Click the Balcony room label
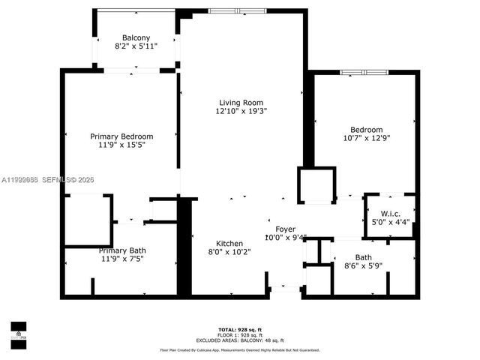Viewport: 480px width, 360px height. pos(136,38)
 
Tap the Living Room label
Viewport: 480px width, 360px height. pos(241,103)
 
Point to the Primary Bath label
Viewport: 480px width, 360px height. pos(121,250)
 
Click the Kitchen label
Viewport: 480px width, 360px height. pos(229,244)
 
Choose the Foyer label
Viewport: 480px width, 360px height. pos(286,229)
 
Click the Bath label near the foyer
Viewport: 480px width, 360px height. pos(364,258)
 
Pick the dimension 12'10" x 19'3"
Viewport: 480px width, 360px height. pos(241,111)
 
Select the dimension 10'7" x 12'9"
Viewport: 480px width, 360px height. pos(367,138)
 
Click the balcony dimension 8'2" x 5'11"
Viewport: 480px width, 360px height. pos(136,46)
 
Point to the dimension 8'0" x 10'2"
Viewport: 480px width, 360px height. pos(229,253)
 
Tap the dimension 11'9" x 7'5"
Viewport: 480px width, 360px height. pos(121,259)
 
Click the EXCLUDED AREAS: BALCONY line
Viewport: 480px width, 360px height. pos(240,339)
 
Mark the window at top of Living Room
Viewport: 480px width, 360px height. pos(231,11)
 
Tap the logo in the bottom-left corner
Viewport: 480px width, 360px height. pos(18,331)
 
